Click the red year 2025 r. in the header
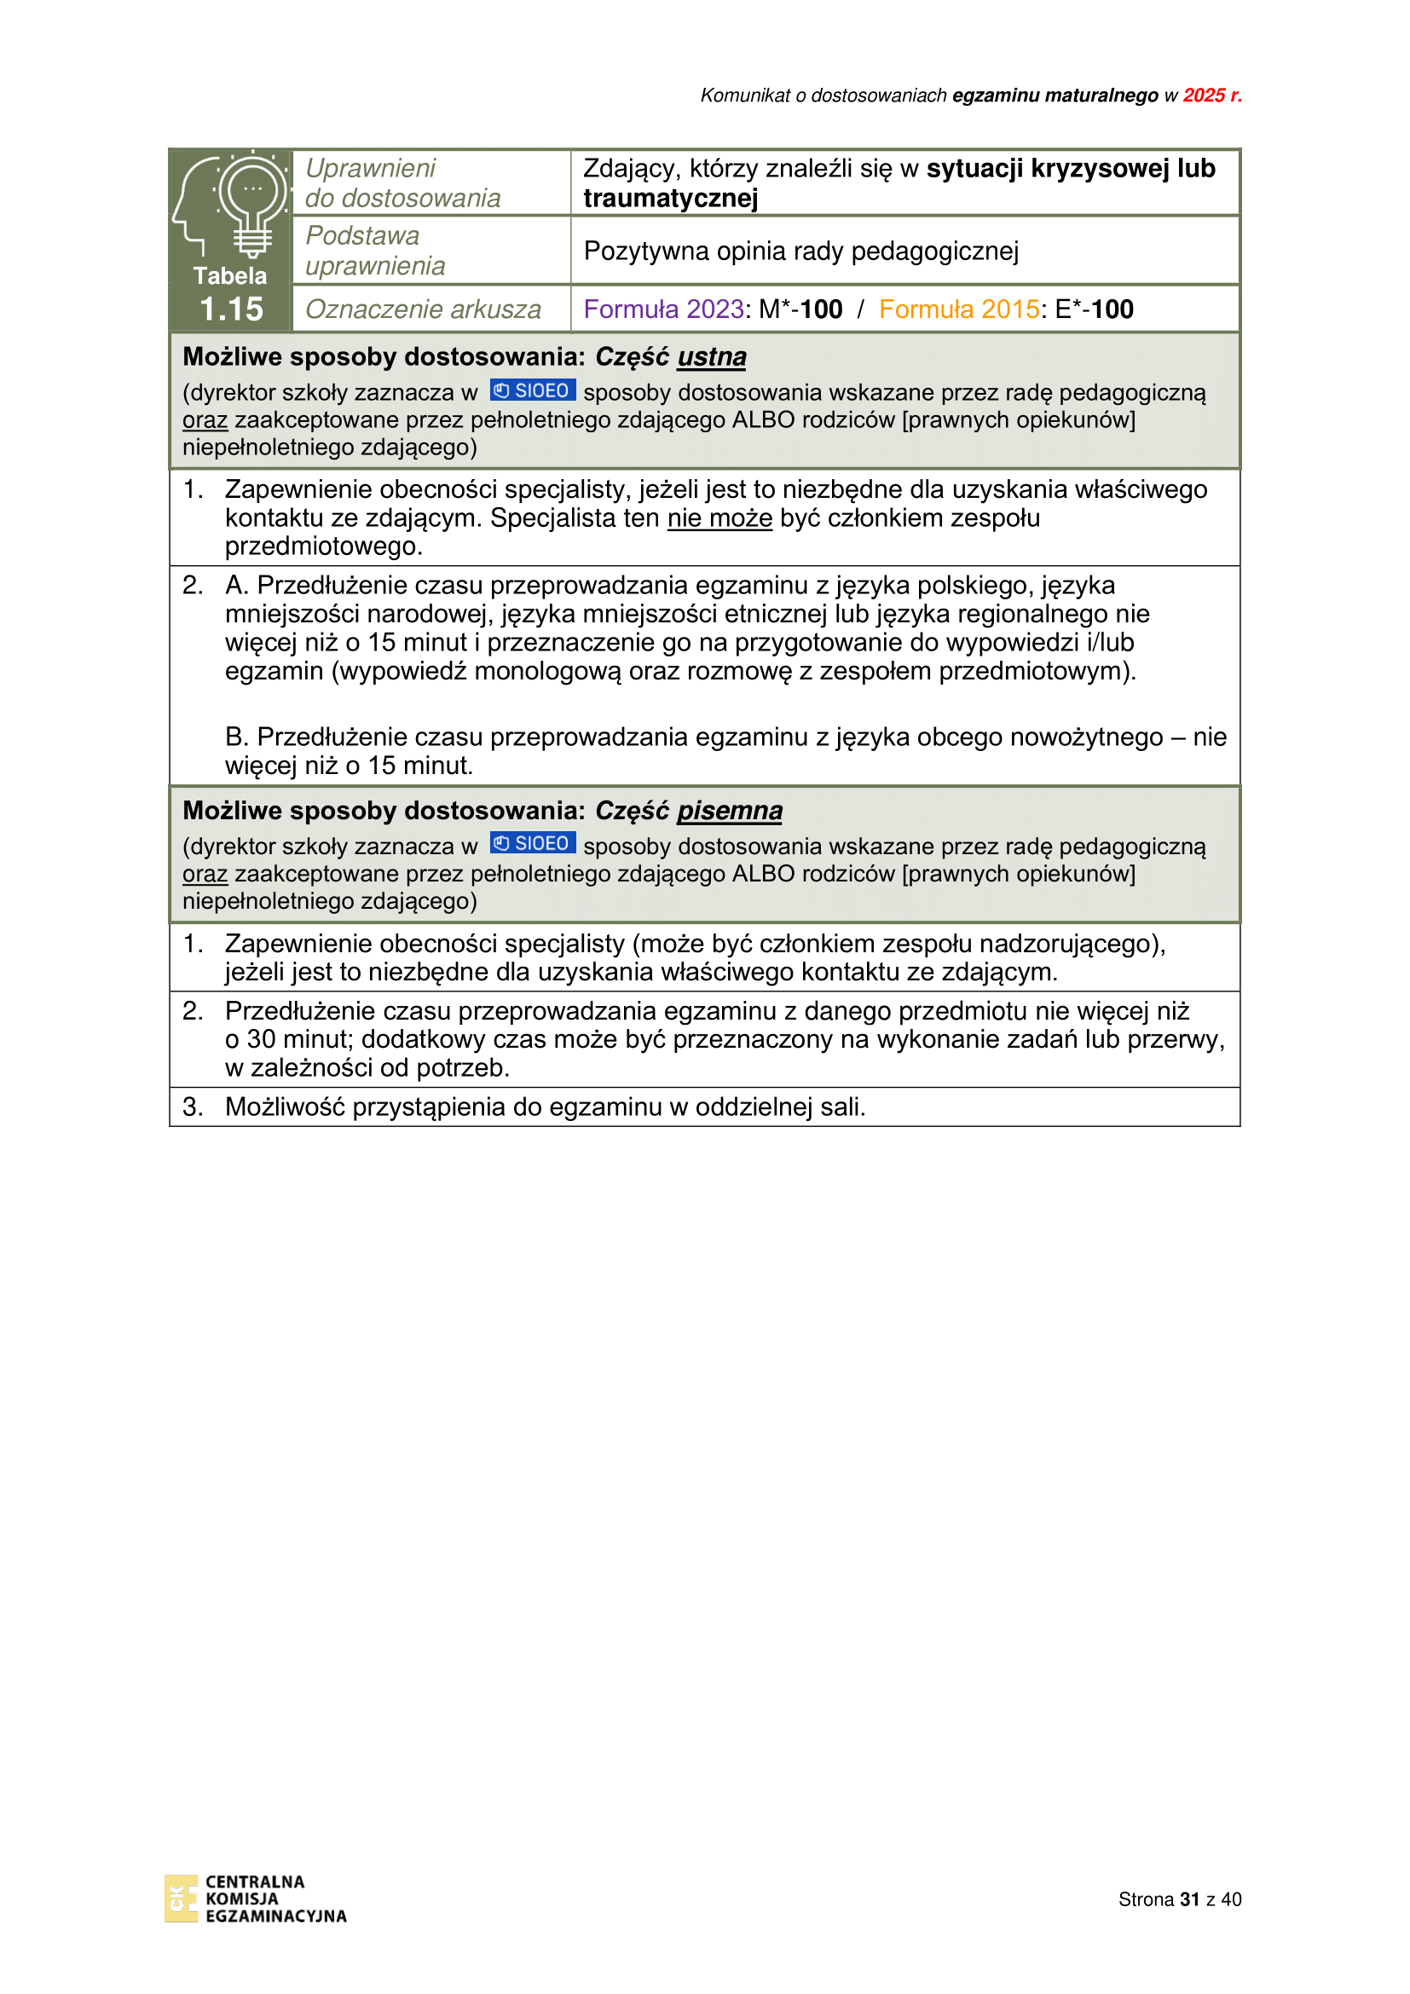1211,95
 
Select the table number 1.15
231,309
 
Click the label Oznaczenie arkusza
423,309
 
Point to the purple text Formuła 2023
663,309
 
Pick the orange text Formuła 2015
958,309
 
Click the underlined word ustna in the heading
711,357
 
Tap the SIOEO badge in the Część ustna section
532,390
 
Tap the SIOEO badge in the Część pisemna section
532,843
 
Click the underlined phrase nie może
719,518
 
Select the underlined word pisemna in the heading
730,810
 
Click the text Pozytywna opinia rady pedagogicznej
800,251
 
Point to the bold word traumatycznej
670,199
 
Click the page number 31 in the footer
1188,1899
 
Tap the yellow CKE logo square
181,1899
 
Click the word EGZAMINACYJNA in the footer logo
275,1916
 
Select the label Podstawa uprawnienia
375,250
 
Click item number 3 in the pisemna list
193,1107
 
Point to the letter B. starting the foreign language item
236,737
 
